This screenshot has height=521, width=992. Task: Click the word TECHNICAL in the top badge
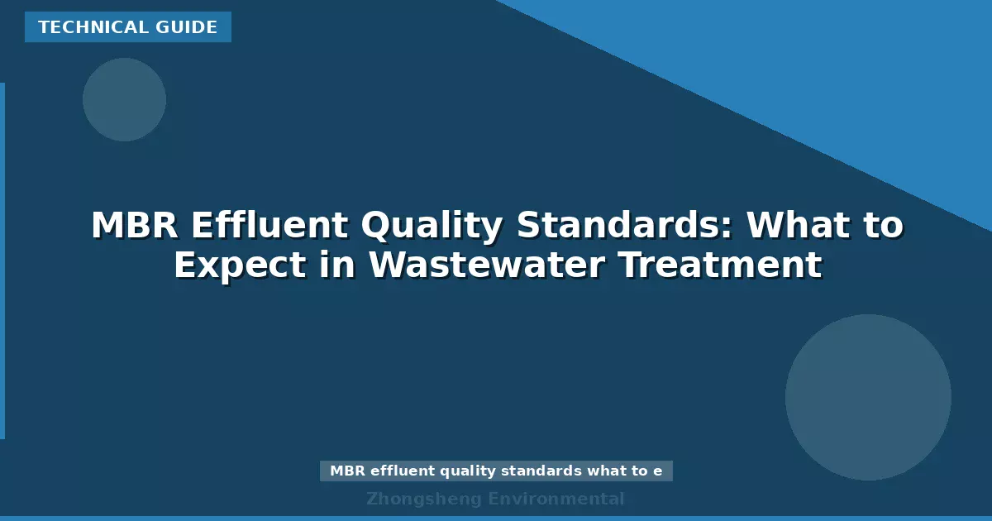(83, 27)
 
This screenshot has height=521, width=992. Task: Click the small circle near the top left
(124, 99)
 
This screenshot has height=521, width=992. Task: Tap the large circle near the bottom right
(868, 397)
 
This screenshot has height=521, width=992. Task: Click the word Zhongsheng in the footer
(423, 499)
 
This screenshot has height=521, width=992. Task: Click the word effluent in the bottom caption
(403, 471)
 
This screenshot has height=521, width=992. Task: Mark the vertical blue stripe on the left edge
(2, 260)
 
